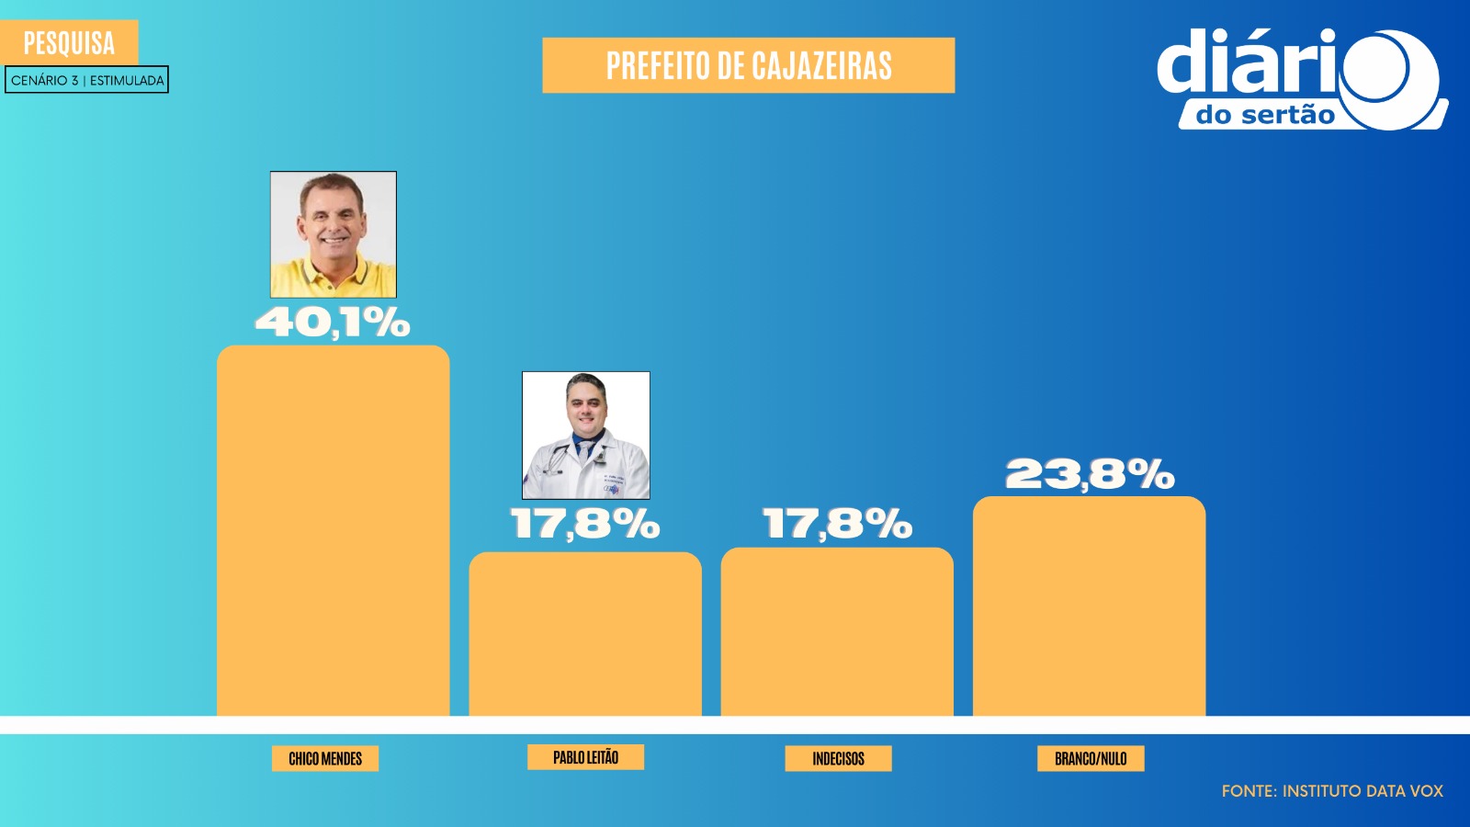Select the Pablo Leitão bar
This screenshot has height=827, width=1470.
click(x=585, y=633)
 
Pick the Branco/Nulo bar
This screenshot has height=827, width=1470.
click(x=1089, y=606)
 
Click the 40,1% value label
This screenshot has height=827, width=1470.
click(x=333, y=323)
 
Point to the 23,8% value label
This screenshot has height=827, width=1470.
click(x=1090, y=474)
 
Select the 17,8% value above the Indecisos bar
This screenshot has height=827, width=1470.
click(x=837, y=524)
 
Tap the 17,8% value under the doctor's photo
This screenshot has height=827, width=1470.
click(x=585, y=524)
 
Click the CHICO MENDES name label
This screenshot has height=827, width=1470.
click(x=325, y=758)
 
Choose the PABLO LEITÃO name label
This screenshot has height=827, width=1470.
click(x=585, y=757)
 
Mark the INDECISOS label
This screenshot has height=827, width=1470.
click(x=838, y=758)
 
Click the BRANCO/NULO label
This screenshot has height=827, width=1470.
click(x=1091, y=758)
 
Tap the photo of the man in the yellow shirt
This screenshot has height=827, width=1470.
click(x=334, y=234)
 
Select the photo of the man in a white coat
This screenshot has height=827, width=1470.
click(x=586, y=436)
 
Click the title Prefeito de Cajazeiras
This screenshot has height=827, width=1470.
click(x=749, y=65)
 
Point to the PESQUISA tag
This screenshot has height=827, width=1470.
click(x=70, y=42)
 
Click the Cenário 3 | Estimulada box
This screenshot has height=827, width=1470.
click(x=87, y=80)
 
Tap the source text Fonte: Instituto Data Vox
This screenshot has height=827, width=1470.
click(x=1332, y=790)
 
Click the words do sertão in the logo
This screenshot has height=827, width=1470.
click(x=1265, y=115)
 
